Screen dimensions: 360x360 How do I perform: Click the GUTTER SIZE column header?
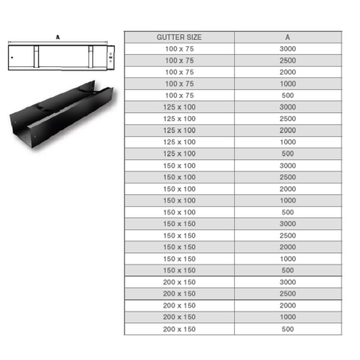178,37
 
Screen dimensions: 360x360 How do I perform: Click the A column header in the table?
287,37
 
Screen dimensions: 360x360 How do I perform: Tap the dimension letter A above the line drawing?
59,37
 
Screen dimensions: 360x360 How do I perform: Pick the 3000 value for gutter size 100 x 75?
287,49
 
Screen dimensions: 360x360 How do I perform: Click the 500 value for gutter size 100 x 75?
287,95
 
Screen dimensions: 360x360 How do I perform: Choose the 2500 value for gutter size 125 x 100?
287,118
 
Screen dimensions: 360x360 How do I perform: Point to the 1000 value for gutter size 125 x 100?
287,141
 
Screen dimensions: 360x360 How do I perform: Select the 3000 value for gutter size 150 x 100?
287,165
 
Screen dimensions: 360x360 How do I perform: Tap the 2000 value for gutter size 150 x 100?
287,189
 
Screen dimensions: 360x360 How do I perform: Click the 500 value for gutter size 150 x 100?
287,212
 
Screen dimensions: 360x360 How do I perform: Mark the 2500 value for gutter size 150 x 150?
287,236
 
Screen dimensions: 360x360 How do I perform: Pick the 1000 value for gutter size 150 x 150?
287,259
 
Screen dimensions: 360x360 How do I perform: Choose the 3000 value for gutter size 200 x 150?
287,282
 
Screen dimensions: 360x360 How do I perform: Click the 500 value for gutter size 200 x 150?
287,329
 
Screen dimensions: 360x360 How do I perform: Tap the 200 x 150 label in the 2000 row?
178,305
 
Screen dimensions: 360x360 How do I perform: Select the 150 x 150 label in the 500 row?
178,270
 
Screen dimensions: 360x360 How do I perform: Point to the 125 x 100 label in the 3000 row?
178,107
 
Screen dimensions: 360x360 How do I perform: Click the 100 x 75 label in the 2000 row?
178,72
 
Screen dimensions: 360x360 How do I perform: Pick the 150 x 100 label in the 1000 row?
178,201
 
